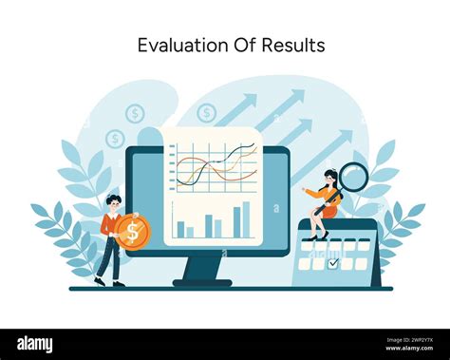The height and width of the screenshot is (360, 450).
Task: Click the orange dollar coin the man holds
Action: coord(133,232)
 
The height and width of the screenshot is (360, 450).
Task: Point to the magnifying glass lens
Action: coord(353,177)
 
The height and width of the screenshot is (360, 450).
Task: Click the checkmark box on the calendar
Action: coord(332,263)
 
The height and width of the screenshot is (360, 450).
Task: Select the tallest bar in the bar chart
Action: coord(246,218)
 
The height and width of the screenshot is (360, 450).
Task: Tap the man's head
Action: coord(114,202)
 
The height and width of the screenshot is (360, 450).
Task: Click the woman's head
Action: coord(329,178)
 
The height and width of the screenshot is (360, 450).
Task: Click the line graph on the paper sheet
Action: coord(216,164)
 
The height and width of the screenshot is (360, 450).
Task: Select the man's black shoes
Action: coord(107,282)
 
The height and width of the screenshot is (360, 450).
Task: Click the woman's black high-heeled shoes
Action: coord(319,236)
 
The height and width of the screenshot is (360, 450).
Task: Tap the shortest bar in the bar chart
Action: coord(190,232)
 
